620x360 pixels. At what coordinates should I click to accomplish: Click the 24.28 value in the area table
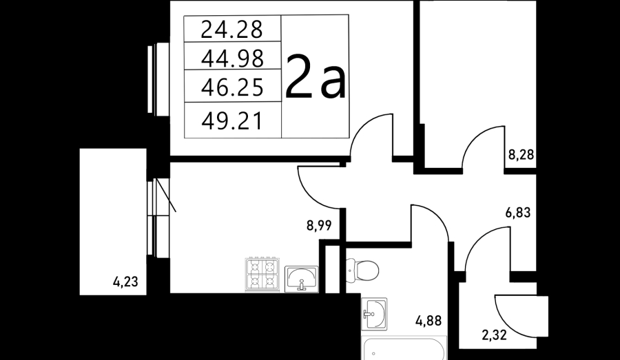(231, 30)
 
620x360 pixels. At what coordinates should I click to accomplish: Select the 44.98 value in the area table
(232, 59)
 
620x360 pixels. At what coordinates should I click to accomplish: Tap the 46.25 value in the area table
(232, 87)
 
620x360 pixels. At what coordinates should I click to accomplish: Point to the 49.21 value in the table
(231, 121)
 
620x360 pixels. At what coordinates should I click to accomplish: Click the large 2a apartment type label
(315, 76)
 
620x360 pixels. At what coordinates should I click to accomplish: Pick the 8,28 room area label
(521, 154)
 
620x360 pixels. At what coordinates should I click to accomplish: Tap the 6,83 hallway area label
(518, 213)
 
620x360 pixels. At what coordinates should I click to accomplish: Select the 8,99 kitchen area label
(319, 226)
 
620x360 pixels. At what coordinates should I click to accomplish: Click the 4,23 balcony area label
(125, 282)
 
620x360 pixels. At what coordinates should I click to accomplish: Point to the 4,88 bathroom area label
(428, 320)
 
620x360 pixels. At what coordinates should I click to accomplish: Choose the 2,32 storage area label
(494, 335)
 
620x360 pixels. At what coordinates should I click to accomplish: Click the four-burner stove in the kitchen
(262, 274)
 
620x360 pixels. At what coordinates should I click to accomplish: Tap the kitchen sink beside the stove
(301, 279)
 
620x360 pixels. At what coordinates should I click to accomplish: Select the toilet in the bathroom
(362, 271)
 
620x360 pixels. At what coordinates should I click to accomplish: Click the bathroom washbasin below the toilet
(374, 314)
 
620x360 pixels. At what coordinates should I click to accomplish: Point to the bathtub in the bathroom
(404, 348)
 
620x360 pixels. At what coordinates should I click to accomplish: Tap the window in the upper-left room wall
(158, 79)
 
